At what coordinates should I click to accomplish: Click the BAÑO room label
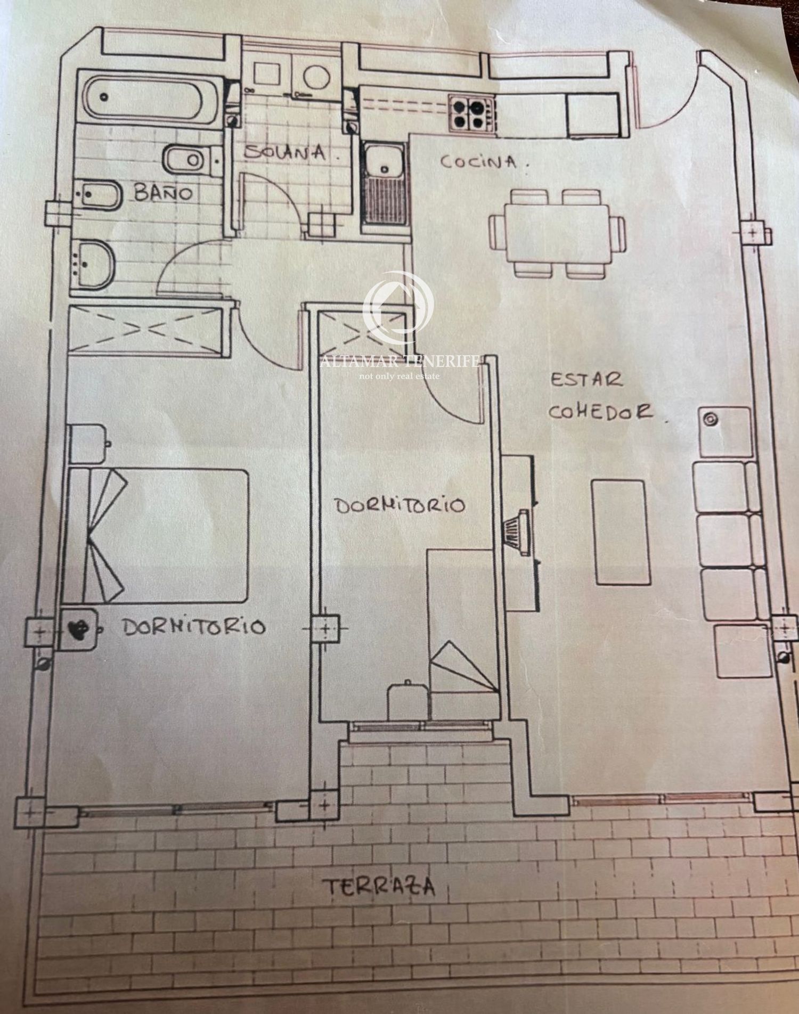(163, 192)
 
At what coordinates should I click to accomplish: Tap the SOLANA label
(286, 152)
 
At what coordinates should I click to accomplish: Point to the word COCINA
(478, 161)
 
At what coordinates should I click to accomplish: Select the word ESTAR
(586, 380)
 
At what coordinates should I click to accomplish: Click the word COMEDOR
(600, 412)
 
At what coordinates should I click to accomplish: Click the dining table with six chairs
(557, 233)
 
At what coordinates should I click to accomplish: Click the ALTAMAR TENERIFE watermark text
(399, 362)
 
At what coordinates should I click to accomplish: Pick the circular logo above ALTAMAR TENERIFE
(398, 306)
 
